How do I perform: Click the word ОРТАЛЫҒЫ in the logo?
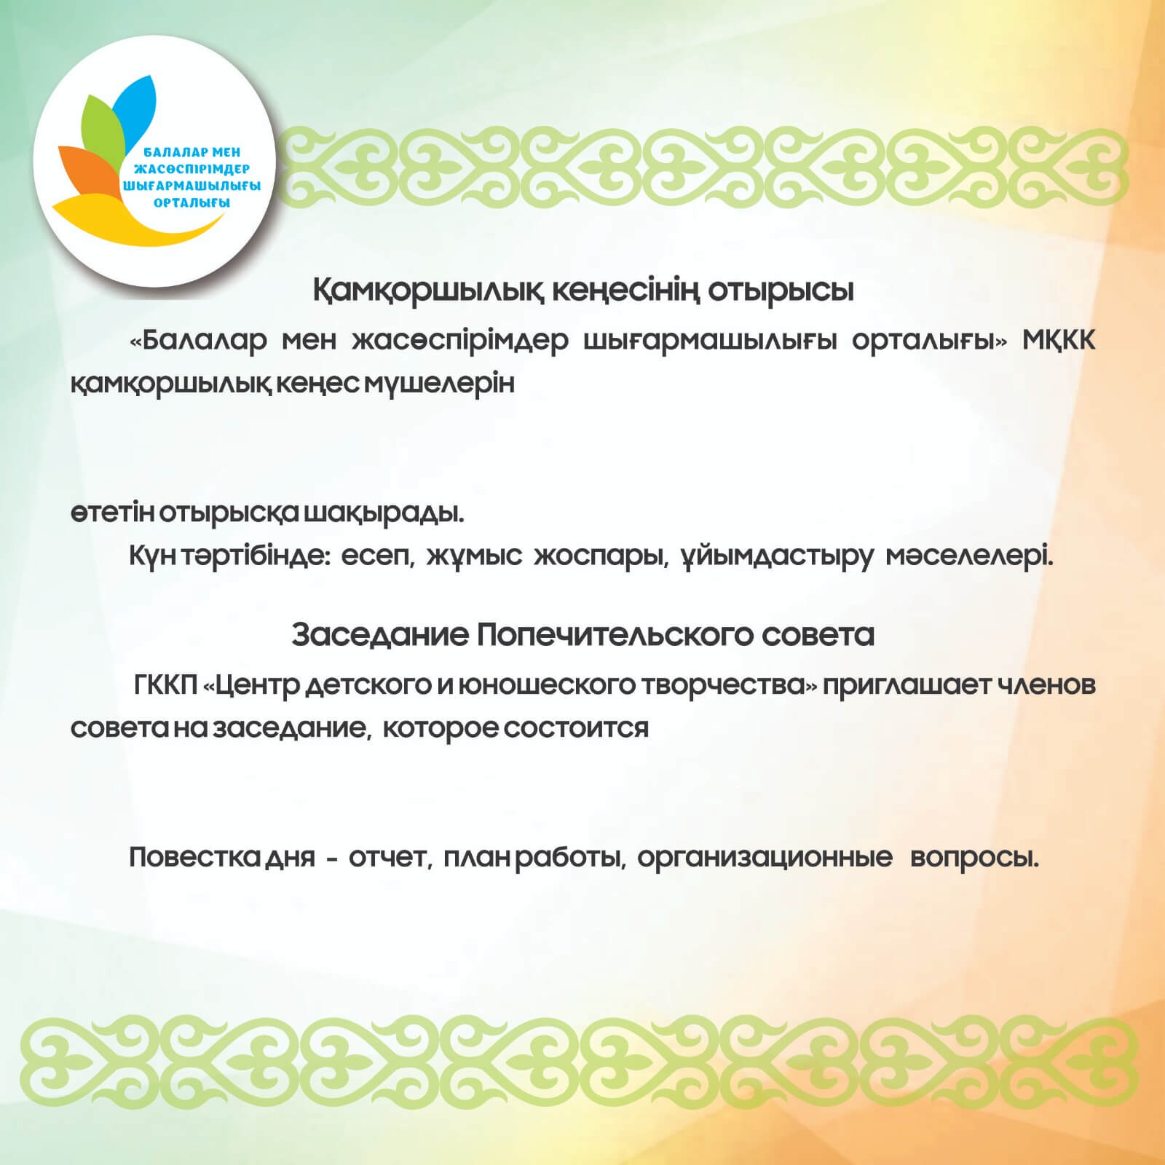tap(192, 203)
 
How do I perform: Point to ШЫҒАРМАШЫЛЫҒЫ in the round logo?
tap(192, 186)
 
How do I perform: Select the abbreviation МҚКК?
tap(1059, 341)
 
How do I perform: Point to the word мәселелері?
tap(971, 558)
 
